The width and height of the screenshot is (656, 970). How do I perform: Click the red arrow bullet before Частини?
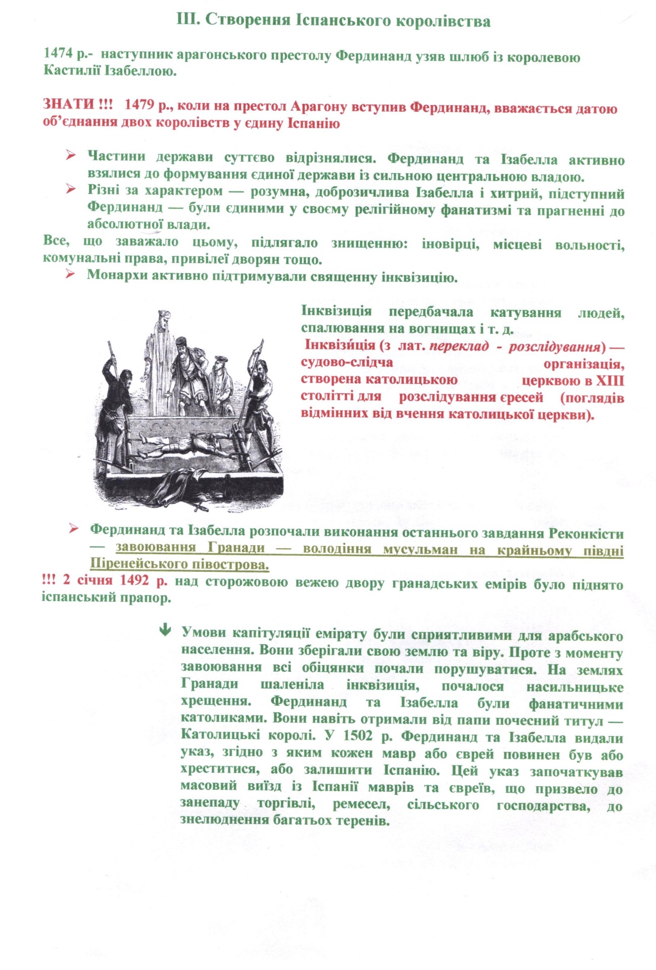(x=70, y=156)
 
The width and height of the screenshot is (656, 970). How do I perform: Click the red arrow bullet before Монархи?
(x=70, y=274)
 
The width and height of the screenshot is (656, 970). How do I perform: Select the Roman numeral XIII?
(x=610, y=380)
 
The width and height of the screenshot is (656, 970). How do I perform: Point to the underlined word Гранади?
(x=236, y=547)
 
